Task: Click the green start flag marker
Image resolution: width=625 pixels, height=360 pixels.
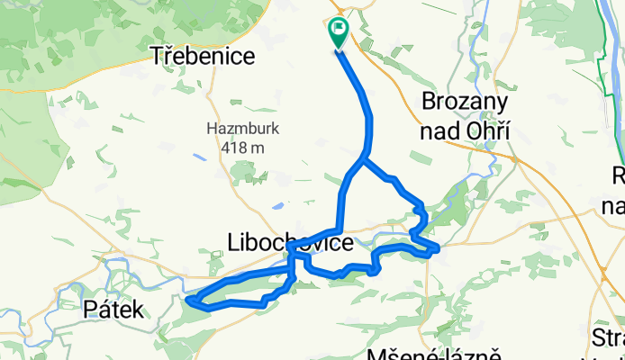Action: [338, 32]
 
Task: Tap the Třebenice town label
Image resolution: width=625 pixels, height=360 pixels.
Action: [203, 56]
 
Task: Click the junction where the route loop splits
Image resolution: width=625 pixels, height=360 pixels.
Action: [362, 160]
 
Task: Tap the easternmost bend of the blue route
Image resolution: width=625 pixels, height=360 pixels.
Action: [438, 247]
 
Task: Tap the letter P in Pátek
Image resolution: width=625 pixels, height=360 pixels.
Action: [89, 310]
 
